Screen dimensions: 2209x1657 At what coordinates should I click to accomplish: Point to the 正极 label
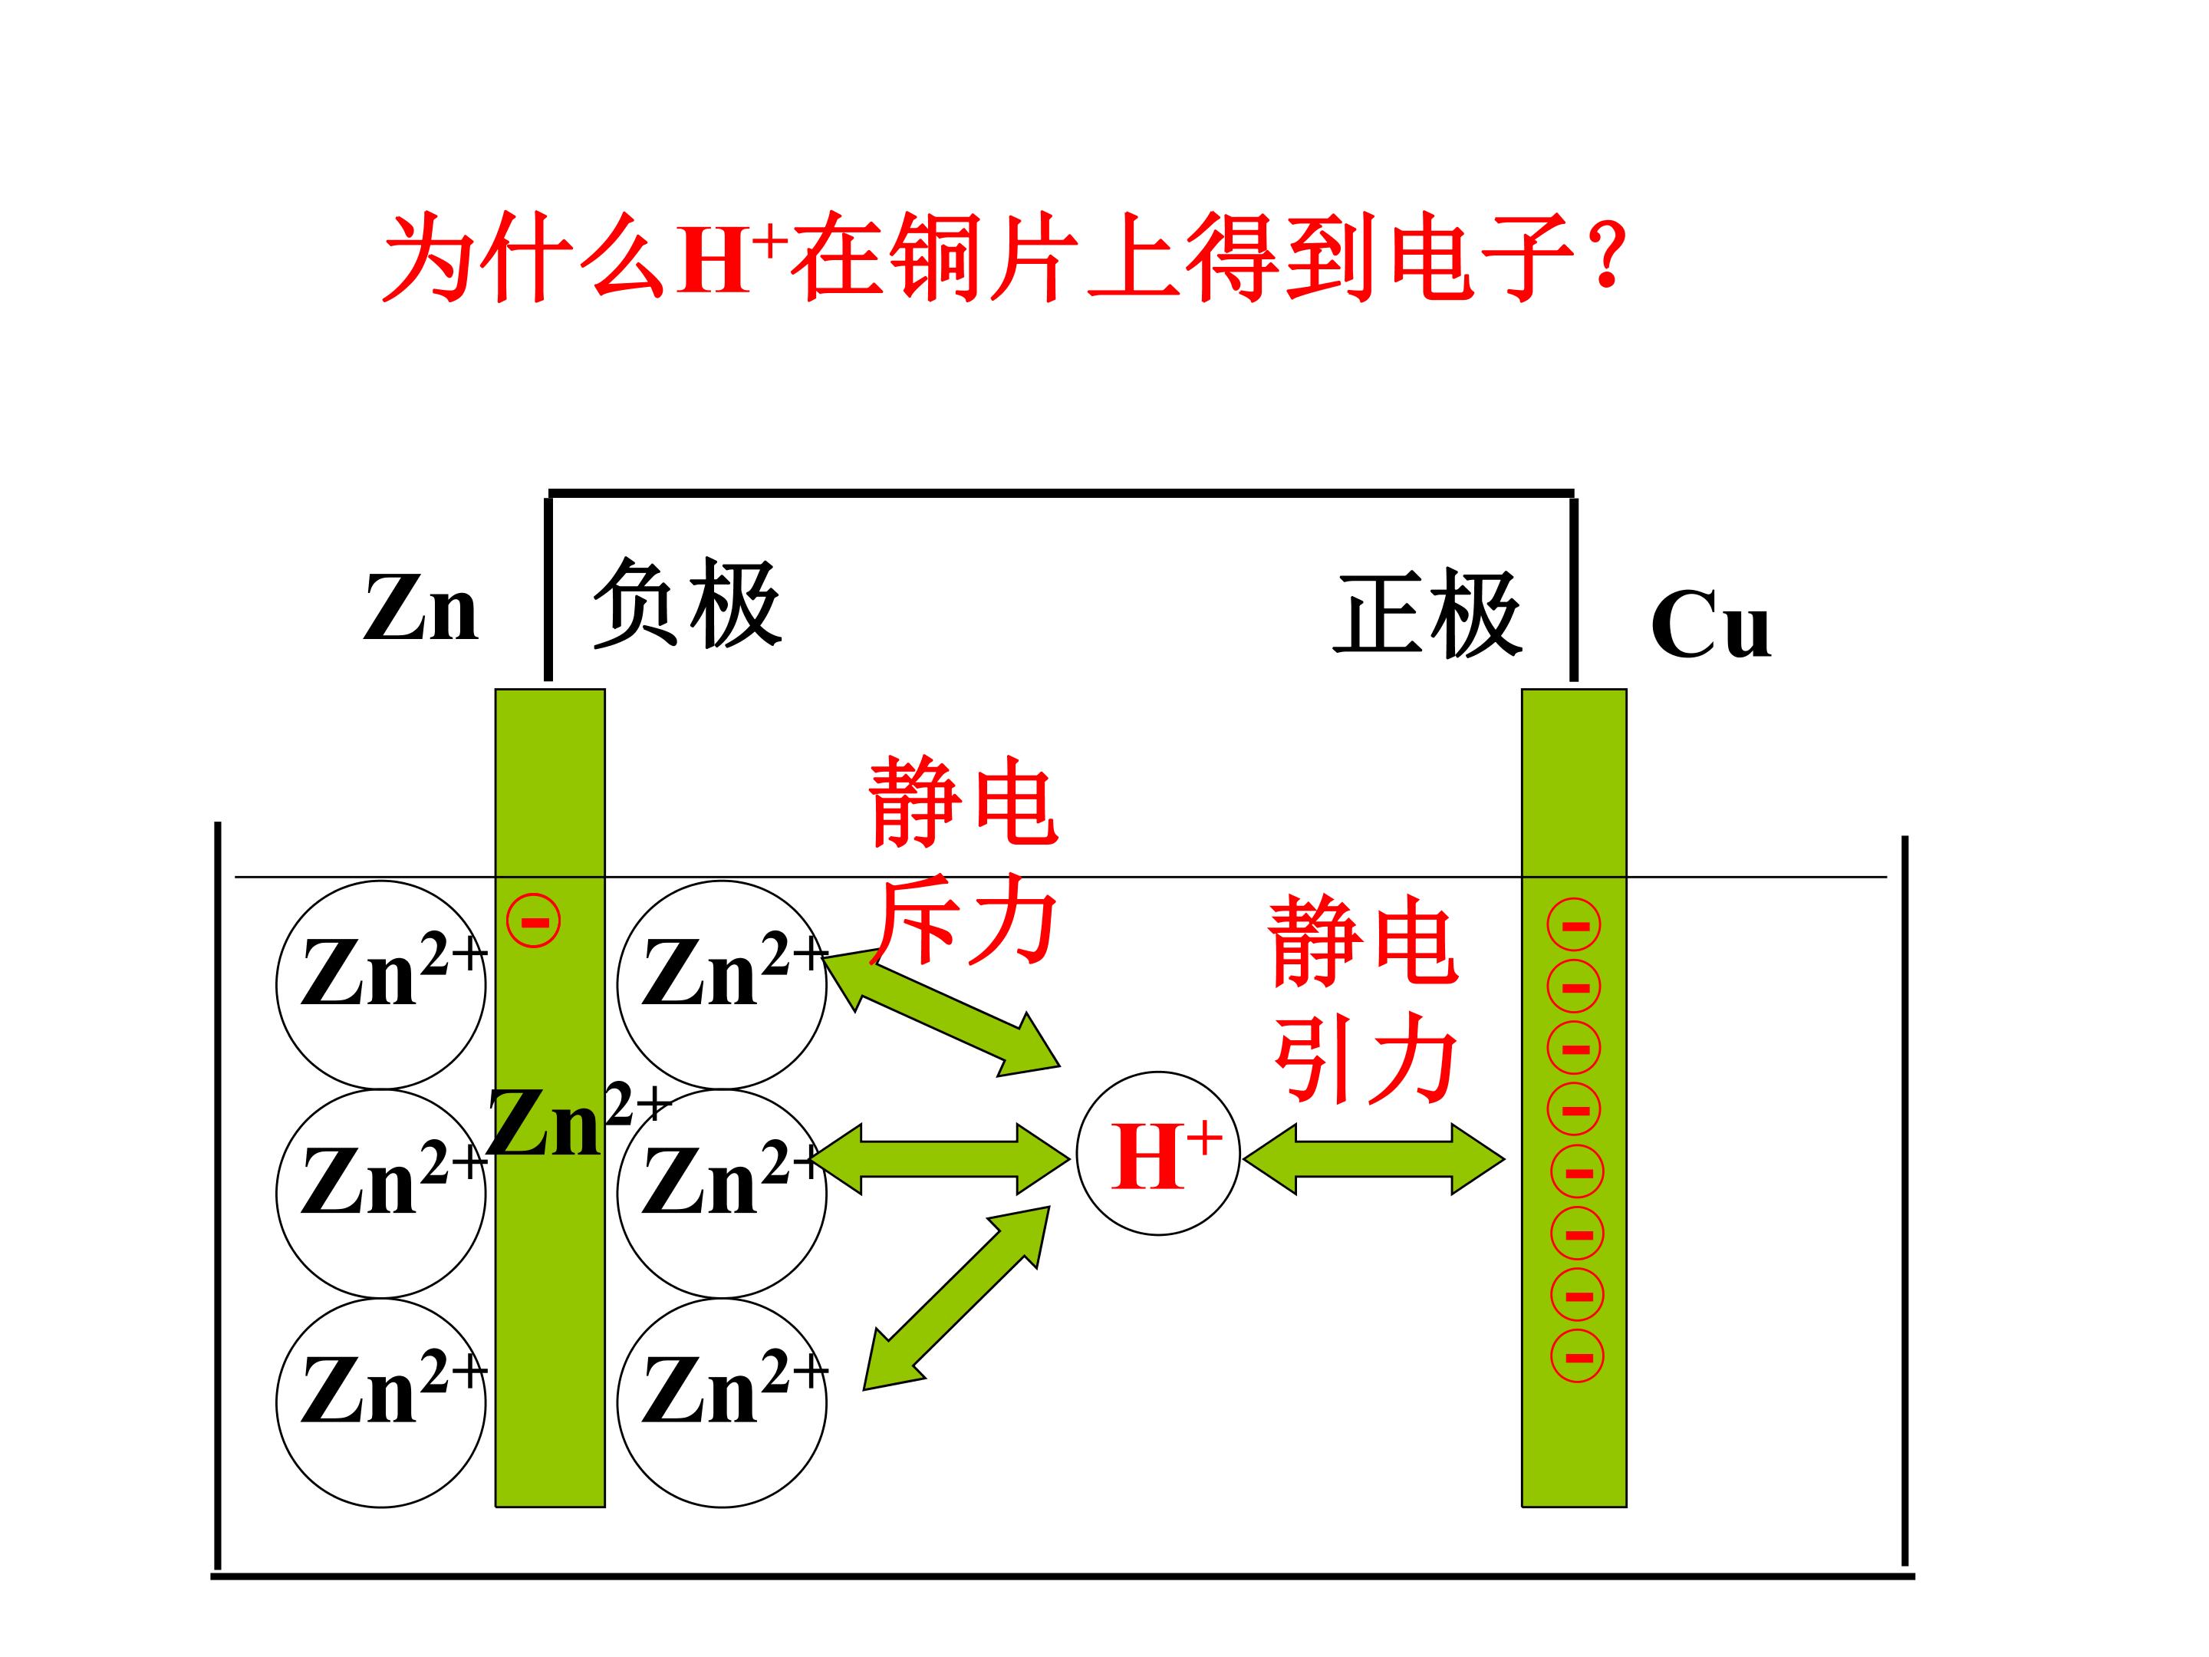[1428, 614]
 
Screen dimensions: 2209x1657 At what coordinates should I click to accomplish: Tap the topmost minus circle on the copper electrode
[1574, 926]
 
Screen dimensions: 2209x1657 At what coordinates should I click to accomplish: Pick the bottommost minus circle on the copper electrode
[1578, 1356]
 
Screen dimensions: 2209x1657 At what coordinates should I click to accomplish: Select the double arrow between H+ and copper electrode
[1374, 1158]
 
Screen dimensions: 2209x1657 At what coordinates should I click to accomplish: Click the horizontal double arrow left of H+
[940, 1158]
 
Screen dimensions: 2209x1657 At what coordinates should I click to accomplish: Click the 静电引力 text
[1365, 999]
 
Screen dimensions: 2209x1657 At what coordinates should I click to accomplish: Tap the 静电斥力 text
[963, 860]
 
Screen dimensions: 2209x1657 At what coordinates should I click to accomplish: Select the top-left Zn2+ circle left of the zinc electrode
[381, 985]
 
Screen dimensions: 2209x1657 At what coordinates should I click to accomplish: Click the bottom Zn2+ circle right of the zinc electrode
[722, 1402]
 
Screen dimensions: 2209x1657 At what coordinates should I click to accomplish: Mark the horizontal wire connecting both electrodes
[1062, 492]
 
